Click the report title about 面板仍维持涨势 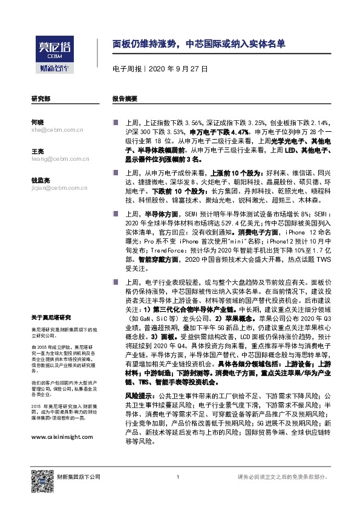pos(199,44)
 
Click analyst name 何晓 pos(37,122)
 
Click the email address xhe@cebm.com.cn pos(57,129)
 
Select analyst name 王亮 pos(37,151)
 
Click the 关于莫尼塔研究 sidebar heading pos(51,317)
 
